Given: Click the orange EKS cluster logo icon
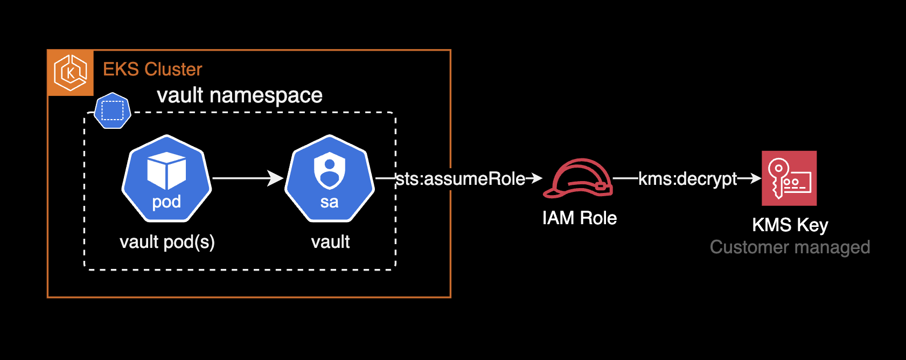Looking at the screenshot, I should click(71, 73).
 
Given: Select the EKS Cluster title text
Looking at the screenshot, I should click(152, 70).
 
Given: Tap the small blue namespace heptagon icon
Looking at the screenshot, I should click(113, 110).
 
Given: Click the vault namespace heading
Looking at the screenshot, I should click(239, 95).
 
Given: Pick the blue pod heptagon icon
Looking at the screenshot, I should click(166, 179).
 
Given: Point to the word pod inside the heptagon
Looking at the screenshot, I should click(166, 202).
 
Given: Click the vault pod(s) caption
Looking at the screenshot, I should click(167, 242).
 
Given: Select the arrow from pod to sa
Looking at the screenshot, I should click(248, 178).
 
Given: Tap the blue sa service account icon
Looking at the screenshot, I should click(329, 179).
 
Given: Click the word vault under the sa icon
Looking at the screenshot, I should click(330, 242).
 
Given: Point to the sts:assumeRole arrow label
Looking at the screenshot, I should click(461, 179).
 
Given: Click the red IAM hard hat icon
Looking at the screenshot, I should click(578, 178).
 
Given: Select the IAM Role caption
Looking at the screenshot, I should click(580, 218).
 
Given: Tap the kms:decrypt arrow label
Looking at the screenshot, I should click(687, 179).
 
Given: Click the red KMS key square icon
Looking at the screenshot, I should click(789, 178).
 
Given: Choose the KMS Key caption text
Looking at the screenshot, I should click(790, 225).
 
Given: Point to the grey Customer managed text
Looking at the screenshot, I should click(790, 247).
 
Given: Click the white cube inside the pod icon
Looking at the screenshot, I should click(166, 170).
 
